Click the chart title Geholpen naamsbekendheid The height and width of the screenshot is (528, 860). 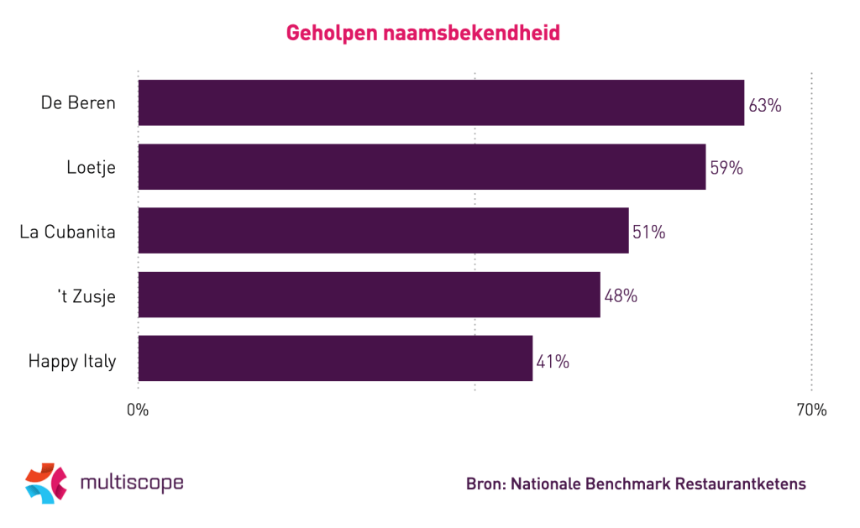[x=423, y=34]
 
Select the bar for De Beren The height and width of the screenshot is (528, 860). [x=441, y=102]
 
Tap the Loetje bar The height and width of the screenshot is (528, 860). [x=422, y=166]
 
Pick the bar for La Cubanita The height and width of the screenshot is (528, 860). [x=383, y=230]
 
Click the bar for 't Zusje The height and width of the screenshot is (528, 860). [x=369, y=294]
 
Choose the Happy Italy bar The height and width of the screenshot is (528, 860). [x=335, y=358]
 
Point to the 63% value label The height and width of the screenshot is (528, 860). [x=765, y=106]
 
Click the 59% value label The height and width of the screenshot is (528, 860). [x=726, y=168]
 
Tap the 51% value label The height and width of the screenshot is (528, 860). [x=648, y=232]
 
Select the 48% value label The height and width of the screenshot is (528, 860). [x=621, y=295]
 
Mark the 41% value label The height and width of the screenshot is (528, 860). [x=553, y=362]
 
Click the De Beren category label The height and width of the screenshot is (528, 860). [x=78, y=103]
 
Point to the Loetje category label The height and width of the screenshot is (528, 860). [x=91, y=167]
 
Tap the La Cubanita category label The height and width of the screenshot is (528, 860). [x=67, y=231]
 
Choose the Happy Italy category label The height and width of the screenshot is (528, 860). [x=71, y=361]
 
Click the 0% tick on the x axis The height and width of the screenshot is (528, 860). [x=138, y=410]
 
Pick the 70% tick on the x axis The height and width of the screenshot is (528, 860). [x=811, y=410]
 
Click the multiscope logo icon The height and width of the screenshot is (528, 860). [x=45, y=484]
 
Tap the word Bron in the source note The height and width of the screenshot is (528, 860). [x=485, y=484]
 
